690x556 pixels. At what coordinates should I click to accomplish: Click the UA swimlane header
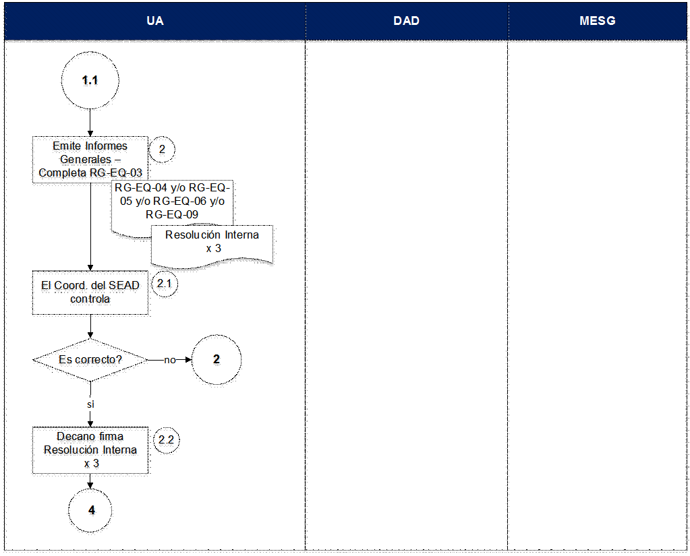[155, 21]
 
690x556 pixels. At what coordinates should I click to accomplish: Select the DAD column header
[407, 21]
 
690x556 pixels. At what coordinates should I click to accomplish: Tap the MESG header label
[597, 21]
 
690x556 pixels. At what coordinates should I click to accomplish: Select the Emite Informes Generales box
[90, 160]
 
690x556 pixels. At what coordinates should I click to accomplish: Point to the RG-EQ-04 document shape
[172, 207]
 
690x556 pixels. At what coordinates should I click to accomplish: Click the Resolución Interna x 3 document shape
[212, 246]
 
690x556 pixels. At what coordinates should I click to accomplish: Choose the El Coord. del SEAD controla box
[90, 292]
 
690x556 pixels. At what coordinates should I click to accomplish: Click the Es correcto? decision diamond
[90, 360]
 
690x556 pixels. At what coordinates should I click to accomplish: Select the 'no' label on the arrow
[170, 360]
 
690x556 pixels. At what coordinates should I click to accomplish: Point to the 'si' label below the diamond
[90, 404]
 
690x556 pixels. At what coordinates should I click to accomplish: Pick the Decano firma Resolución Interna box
[90, 450]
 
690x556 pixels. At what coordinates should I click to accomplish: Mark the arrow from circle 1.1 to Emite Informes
[90, 123]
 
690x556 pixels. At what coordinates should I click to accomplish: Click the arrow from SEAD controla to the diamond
[90, 327]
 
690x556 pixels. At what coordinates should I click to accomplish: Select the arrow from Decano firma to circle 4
[90, 481]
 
